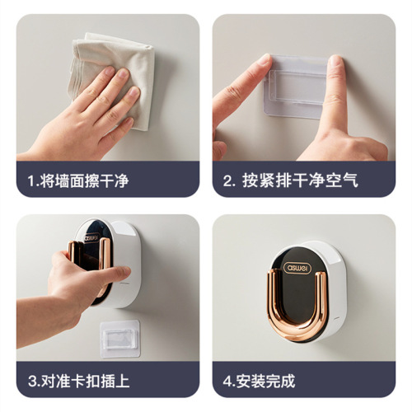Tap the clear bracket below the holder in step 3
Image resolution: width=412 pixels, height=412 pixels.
[x=119, y=339]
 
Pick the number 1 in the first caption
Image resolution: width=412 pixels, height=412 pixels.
[x=30, y=180]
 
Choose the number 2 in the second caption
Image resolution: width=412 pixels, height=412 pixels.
[x=228, y=180]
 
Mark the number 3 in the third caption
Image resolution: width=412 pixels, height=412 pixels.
[x=30, y=382]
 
